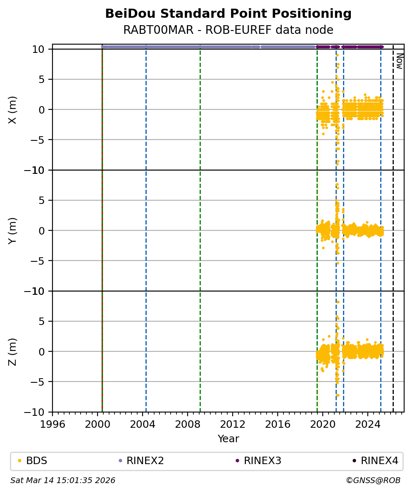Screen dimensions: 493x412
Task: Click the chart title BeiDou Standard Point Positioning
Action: [228, 14]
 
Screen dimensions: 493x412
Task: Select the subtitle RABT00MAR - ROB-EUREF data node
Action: [228, 30]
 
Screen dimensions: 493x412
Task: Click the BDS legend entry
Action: [36, 461]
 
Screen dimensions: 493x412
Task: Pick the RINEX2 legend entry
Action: [145, 461]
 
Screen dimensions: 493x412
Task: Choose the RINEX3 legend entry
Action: [262, 461]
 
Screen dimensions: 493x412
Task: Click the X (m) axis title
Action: [13, 110]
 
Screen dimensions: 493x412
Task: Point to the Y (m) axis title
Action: [13, 230]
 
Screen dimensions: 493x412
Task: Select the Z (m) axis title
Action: [13, 351]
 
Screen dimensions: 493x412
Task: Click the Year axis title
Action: [228, 438]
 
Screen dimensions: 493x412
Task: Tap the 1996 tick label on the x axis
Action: [52, 424]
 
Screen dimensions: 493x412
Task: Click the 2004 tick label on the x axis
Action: [143, 424]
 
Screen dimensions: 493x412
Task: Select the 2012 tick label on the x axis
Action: [233, 424]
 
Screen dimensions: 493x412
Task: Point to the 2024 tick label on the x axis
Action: [368, 424]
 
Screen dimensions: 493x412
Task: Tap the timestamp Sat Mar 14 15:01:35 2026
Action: [63, 481]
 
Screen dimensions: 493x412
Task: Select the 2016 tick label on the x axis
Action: [278, 424]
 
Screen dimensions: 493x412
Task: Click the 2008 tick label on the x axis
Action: [188, 424]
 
